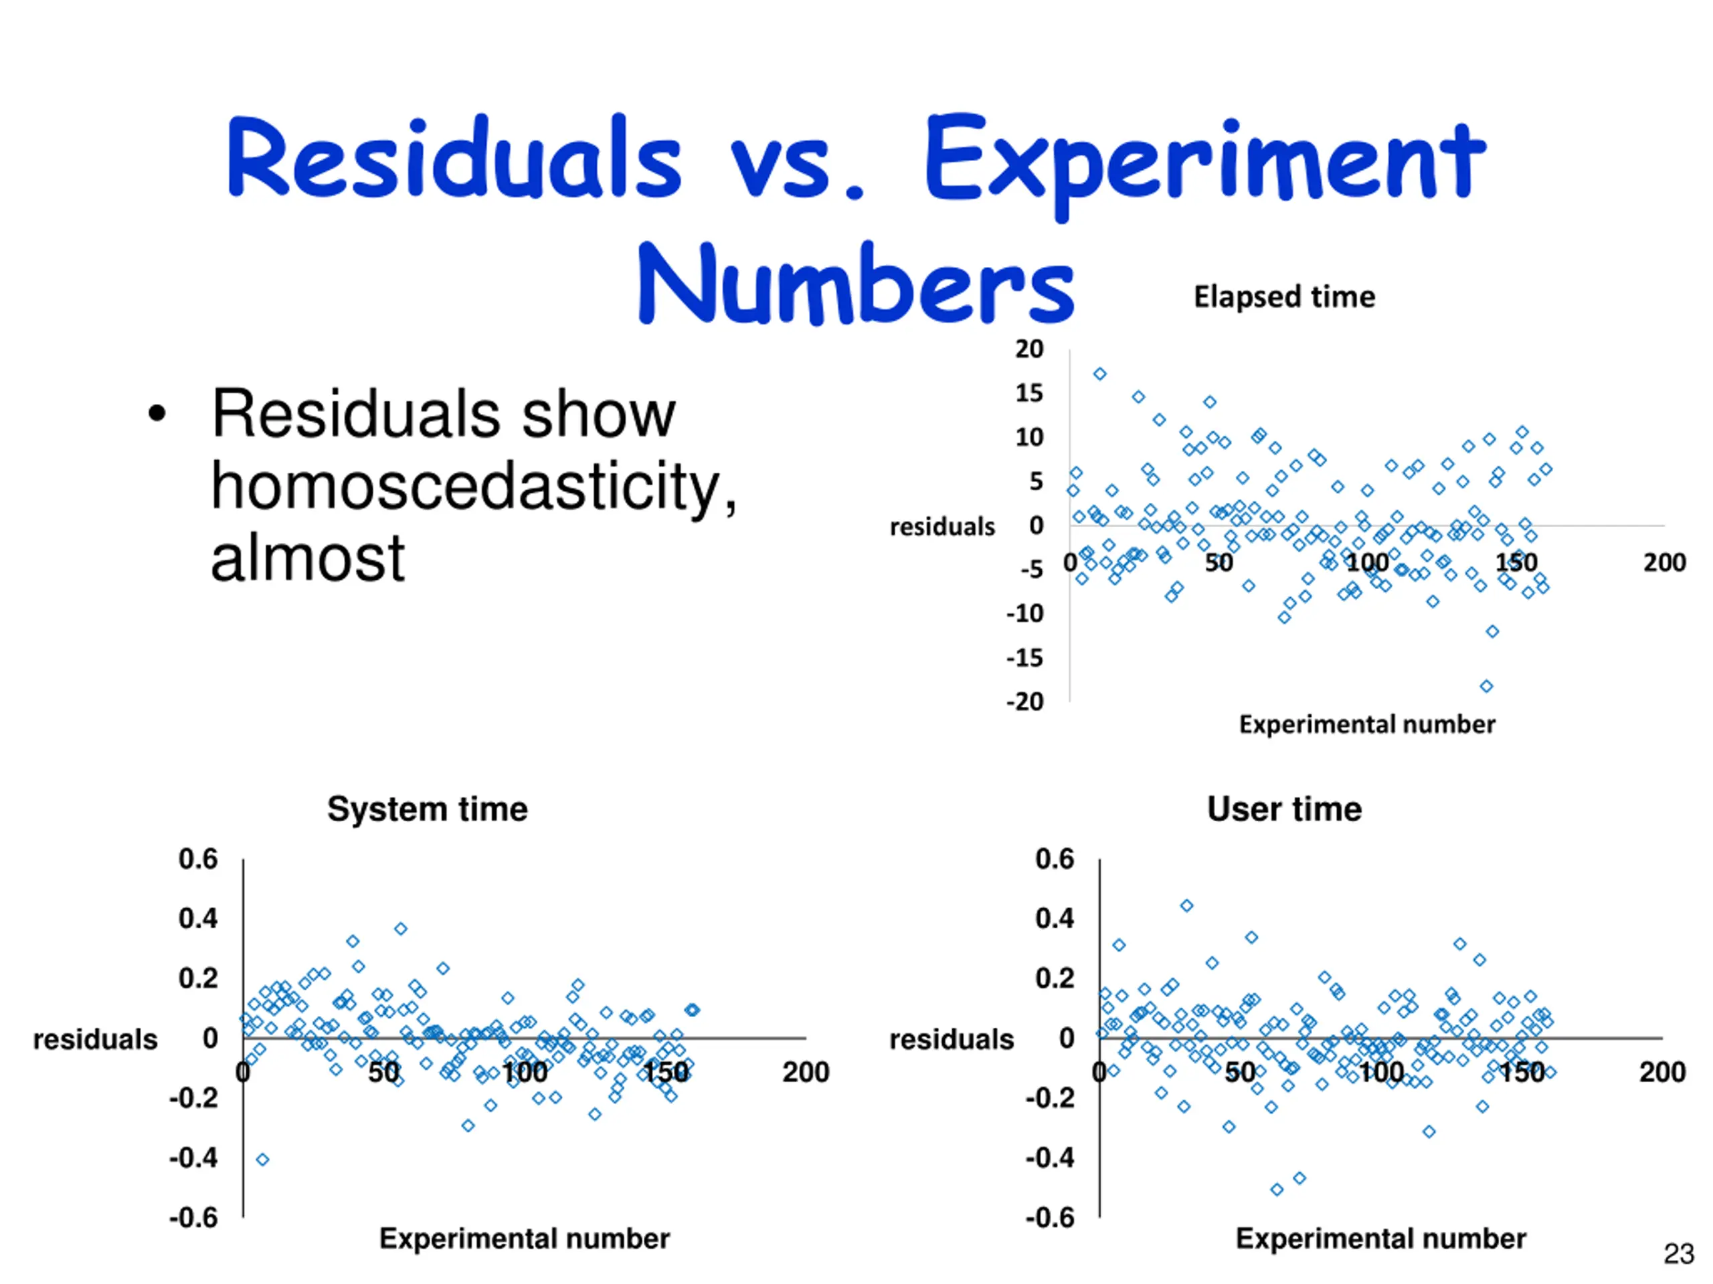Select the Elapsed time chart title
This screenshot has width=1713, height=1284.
tap(1284, 297)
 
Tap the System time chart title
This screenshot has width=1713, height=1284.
tap(428, 810)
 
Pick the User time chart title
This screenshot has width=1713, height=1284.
tap(1284, 810)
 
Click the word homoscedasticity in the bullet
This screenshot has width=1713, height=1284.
tap(473, 486)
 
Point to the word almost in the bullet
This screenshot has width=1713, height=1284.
tap(307, 558)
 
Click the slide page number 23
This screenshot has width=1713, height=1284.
tap(1679, 1254)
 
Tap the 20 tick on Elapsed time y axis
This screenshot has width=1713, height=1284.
tap(1029, 349)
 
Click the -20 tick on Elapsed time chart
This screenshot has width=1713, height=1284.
tap(1025, 702)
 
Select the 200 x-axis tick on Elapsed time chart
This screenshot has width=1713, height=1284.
tap(1664, 562)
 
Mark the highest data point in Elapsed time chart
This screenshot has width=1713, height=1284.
tap(1099, 374)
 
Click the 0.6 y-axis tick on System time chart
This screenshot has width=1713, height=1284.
tap(198, 859)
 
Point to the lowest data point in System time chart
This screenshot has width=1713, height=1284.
tap(262, 1160)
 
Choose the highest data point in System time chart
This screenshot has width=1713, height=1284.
tap(400, 929)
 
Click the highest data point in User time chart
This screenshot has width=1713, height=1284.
tap(1186, 905)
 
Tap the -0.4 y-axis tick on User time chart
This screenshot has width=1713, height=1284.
tap(1050, 1159)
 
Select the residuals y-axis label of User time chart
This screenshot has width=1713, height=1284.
tap(951, 1039)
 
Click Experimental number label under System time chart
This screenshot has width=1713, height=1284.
tap(525, 1239)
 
